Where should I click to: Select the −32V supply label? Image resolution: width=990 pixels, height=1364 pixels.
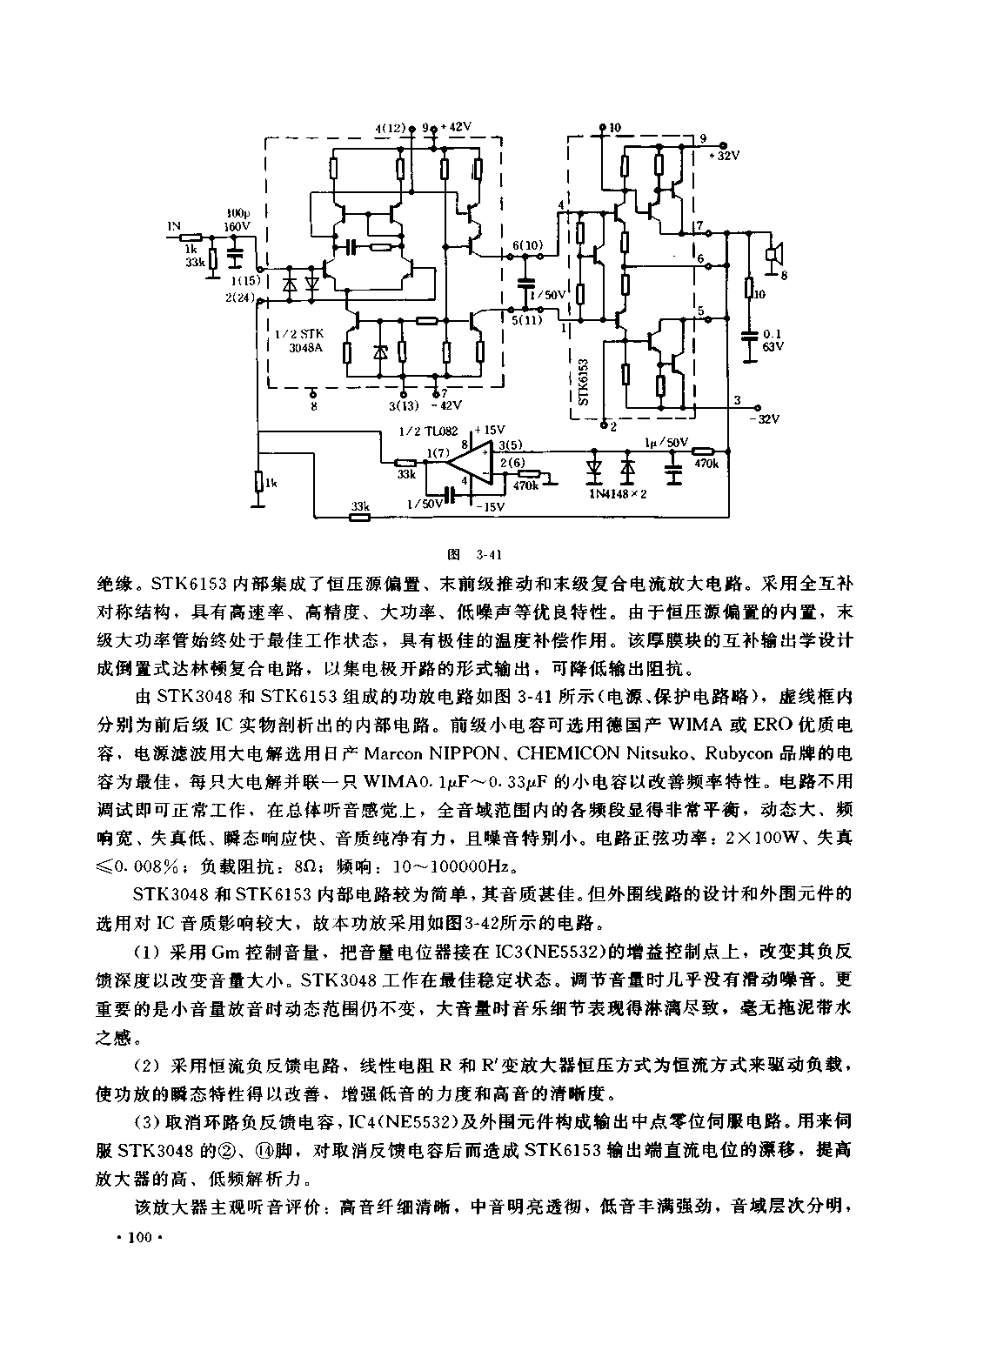point(768,419)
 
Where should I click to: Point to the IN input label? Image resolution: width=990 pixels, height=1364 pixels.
point(174,226)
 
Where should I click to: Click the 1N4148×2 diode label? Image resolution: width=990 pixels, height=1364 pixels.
point(618,493)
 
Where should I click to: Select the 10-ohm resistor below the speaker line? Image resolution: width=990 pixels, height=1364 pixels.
point(749,288)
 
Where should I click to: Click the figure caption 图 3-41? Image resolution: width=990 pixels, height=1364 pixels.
point(475,555)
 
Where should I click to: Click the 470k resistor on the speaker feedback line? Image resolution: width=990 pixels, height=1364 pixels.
point(704,451)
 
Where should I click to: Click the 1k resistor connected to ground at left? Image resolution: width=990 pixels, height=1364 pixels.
point(259,482)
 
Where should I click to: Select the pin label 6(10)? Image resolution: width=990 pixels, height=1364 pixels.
point(526,244)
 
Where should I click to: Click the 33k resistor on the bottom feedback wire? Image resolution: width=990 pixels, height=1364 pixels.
point(360,518)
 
